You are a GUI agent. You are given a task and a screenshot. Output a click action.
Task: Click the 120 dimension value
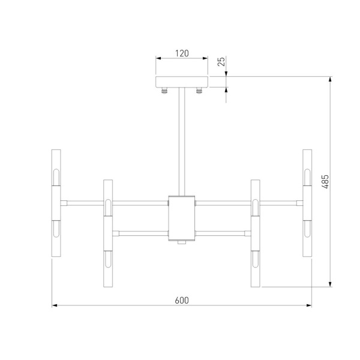(x=182, y=53)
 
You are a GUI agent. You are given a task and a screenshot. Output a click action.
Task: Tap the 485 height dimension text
(x=325, y=181)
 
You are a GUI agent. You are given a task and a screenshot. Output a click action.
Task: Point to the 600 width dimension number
(x=182, y=300)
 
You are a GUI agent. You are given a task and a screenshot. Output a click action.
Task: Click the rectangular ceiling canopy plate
(x=182, y=83)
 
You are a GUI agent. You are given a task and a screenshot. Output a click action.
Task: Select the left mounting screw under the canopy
(x=163, y=92)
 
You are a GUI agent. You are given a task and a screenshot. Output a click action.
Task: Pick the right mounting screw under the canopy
(x=200, y=92)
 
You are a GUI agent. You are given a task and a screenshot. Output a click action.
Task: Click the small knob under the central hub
(x=182, y=243)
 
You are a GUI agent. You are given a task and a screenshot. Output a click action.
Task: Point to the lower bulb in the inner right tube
(x=256, y=259)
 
